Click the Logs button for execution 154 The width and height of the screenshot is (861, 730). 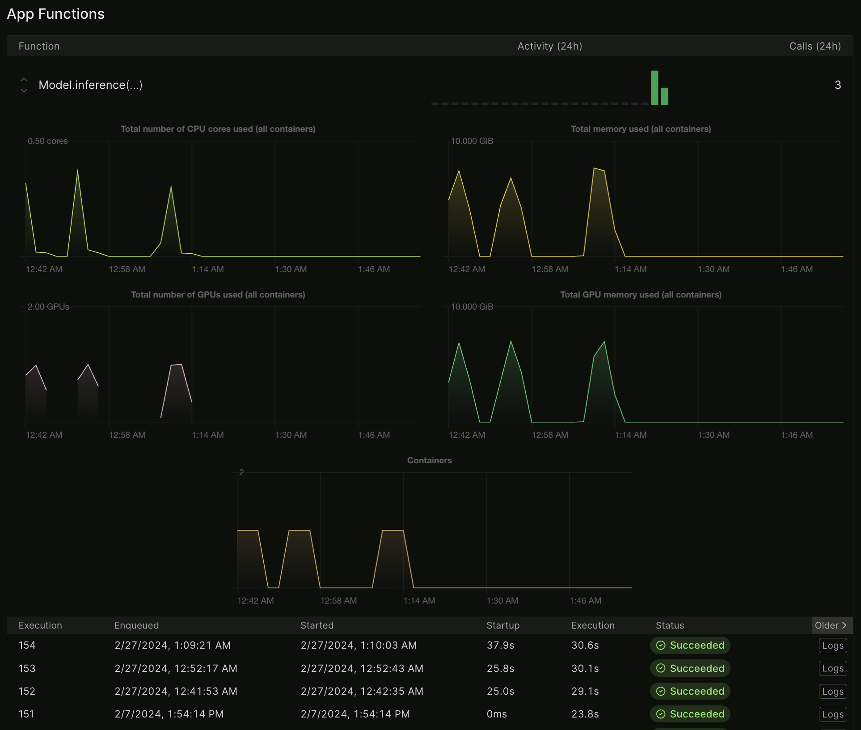pyautogui.click(x=832, y=646)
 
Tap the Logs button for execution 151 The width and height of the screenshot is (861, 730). pyautogui.click(x=832, y=714)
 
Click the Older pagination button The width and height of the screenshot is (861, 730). pyautogui.click(x=831, y=625)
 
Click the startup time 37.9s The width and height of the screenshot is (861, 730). pyautogui.click(x=500, y=646)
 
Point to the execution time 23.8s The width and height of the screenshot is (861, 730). pyautogui.click(x=585, y=714)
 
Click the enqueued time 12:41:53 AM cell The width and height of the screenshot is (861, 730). pyautogui.click(x=176, y=692)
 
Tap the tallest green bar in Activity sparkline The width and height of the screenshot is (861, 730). pyautogui.click(x=654, y=88)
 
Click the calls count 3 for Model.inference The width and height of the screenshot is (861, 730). pyautogui.click(x=837, y=85)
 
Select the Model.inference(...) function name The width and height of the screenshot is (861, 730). pyautogui.click(x=90, y=85)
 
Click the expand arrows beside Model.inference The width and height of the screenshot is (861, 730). pyautogui.click(x=24, y=85)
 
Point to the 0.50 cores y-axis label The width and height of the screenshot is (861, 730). pyautogui.click(x=47, y=141)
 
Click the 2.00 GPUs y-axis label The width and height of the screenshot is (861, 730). pyautogui.click(x=48, y=307)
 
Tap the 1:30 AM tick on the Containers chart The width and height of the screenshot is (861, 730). pyautogui.click(x=502, y=601)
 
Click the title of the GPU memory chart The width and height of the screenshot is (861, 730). pyautogui.click(x=641, y=295)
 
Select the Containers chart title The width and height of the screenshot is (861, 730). pyautogui.click(x=429, y=461)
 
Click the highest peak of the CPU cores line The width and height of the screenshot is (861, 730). pyautogui.click(x=78, y=171)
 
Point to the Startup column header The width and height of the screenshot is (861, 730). pyautogui.click(x=503, y=625)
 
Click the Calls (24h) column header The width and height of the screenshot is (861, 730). pyautogui.click(x=815, y=46)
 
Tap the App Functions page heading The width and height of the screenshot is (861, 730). pyautogui.click(x=56, y=14)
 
